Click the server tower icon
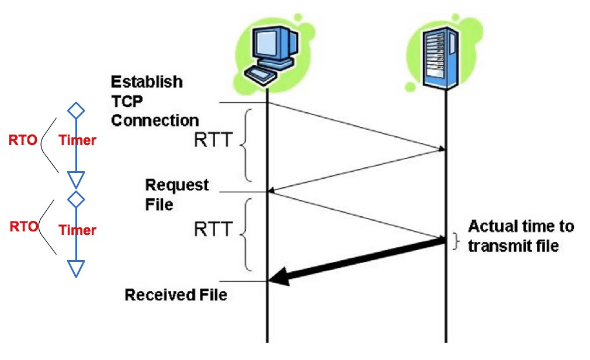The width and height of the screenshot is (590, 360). [446, 53]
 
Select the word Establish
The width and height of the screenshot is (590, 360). [147, 81]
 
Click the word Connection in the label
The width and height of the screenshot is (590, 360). [155, 120]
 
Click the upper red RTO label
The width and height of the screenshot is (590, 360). [23, 140]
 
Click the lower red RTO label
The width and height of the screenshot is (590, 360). [23, 227]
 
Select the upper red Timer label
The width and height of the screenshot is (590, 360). [77, 140]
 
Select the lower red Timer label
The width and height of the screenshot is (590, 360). [77, 230]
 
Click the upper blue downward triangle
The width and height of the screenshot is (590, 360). [76, 179]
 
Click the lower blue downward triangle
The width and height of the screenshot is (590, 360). [76, 268]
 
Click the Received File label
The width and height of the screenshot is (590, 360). [176, 295]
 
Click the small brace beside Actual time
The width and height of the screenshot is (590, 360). [457, 241]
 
